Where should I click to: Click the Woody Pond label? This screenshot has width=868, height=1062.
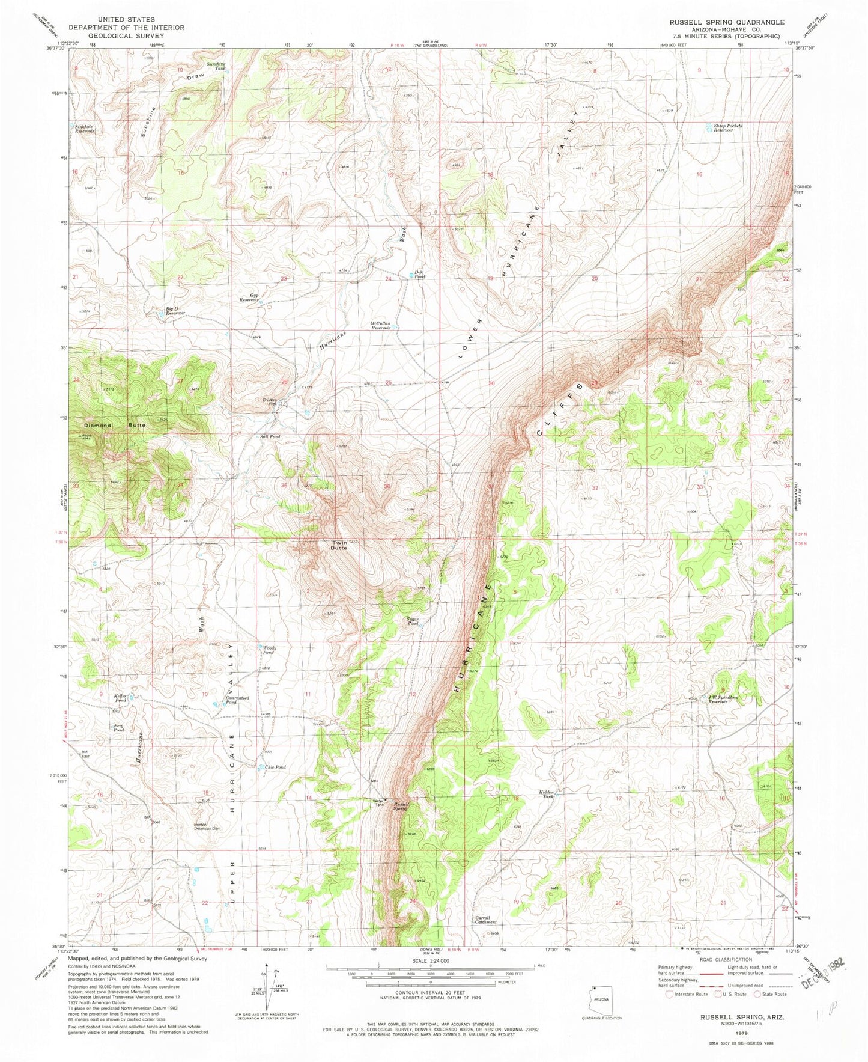[x=269, y=650]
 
